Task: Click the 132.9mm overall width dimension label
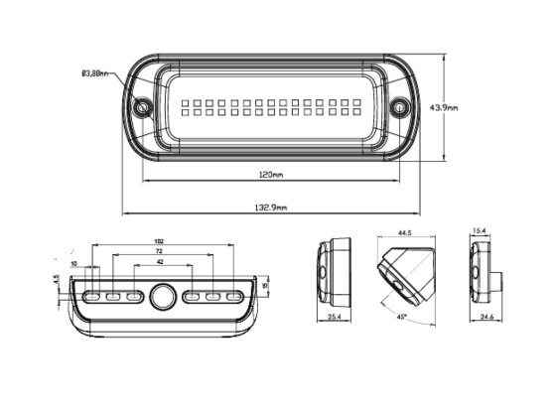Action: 270,208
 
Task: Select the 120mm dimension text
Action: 270,175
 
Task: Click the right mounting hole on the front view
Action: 399,106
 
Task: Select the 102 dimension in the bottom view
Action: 160,241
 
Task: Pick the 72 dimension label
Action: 160,255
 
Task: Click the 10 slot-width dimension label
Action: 74,265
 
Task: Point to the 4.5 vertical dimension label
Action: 57,278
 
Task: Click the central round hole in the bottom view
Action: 163,295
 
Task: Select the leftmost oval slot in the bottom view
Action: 91,296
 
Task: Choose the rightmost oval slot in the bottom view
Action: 234,296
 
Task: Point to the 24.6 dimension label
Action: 486,318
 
